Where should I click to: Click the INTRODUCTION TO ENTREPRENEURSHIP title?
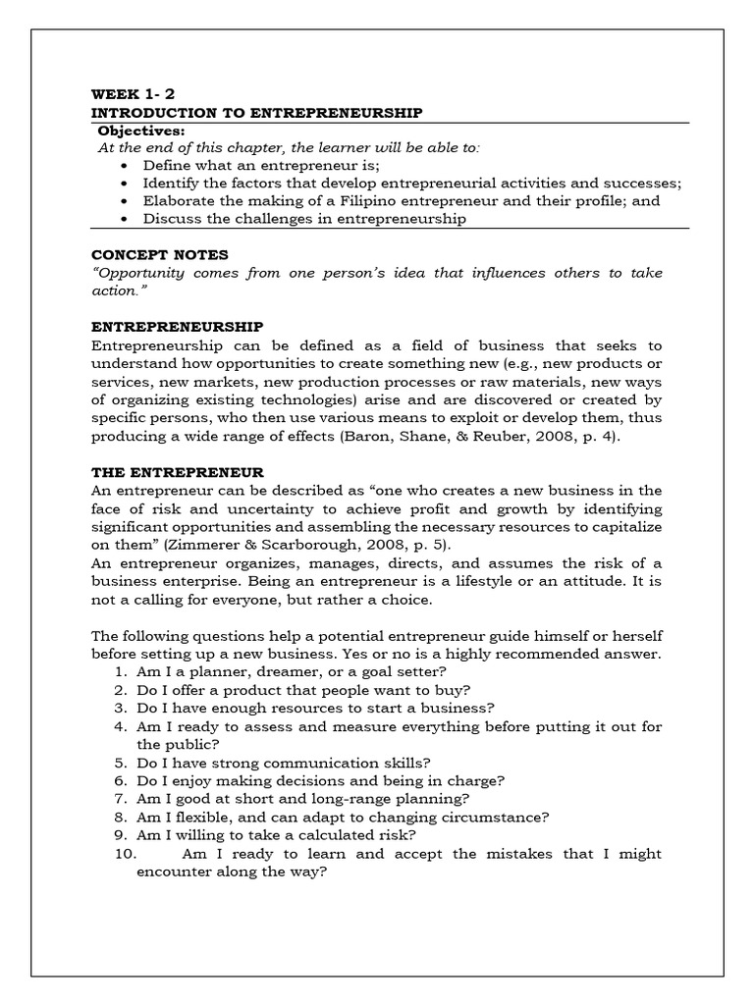point(257,113)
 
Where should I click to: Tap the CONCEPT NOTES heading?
point(159,254)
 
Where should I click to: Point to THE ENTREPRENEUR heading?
point(177,472)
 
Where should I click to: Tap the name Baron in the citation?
point(361,436)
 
